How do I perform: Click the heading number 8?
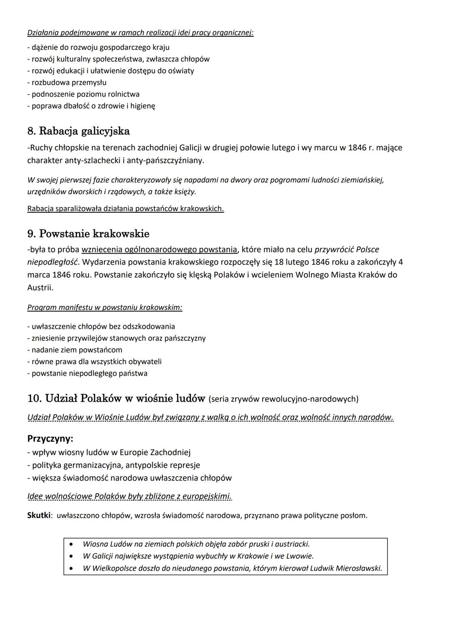click(x=31, y=131)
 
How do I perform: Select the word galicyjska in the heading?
click(x=105, y=132)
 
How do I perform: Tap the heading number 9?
click(x=31, y=234)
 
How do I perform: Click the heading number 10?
click(x=34, y=398)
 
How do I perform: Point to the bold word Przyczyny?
click(x=50, y=439)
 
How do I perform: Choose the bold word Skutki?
click(x=39, y=515)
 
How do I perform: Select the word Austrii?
click(x=40, y=287)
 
